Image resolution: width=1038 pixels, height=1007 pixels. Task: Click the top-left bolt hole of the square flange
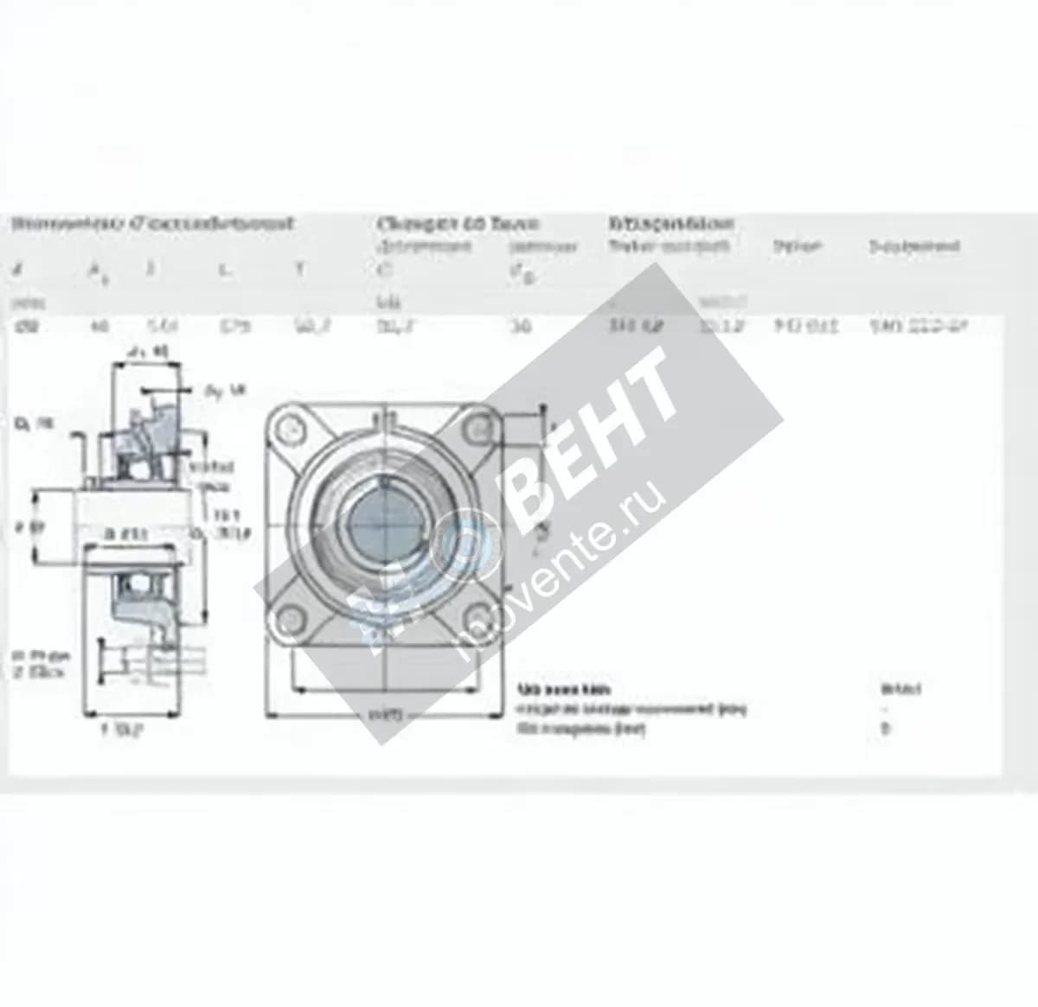[x=292, y=429]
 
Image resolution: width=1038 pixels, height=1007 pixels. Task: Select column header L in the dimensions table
[x=225, y=270]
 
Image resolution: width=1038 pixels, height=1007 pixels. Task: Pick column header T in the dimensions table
[x=299, y=270]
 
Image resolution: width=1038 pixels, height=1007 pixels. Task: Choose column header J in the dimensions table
[x=151, y=270]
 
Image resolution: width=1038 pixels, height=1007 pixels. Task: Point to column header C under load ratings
[x=385, y=270]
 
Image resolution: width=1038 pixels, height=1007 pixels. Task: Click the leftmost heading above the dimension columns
[x=151, y=224]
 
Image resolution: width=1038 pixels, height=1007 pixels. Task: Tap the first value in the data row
[x=18, y=327]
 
